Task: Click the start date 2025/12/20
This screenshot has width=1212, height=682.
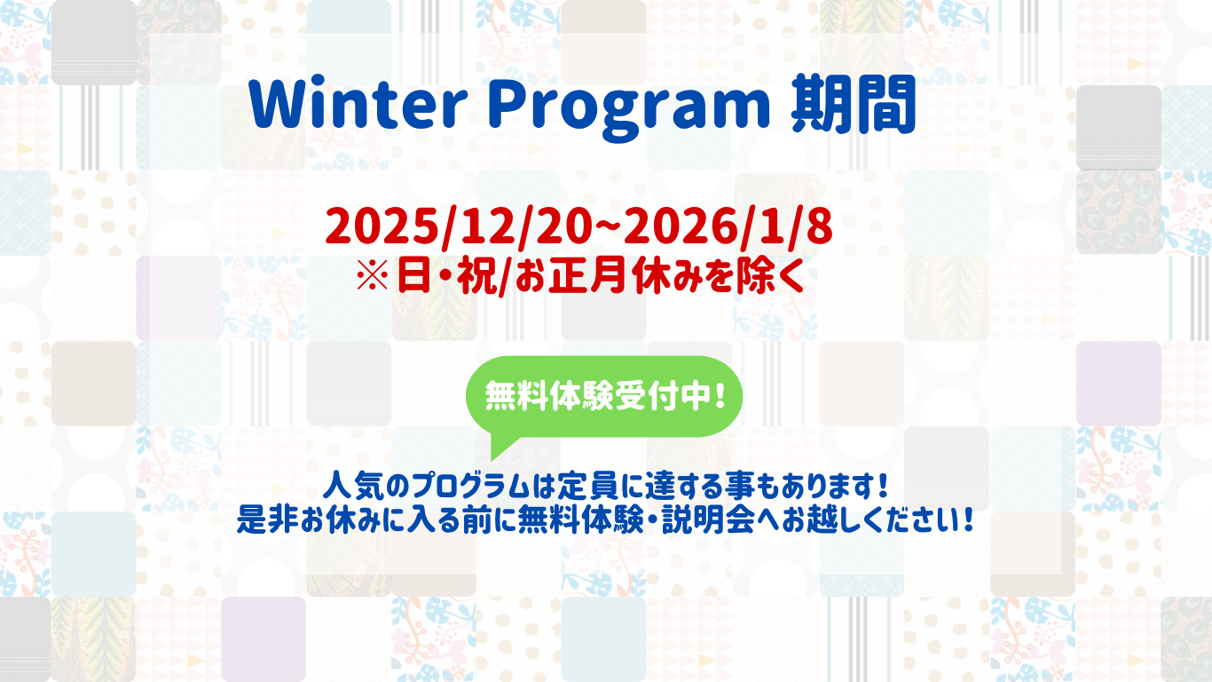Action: coord(459,227)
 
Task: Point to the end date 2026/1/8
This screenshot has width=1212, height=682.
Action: coord(728,227)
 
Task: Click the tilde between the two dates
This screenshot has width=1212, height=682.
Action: coord(608,227)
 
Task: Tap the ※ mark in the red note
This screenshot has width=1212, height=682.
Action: coord(373,276)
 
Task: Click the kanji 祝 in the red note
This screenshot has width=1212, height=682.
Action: coord(476,276)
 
